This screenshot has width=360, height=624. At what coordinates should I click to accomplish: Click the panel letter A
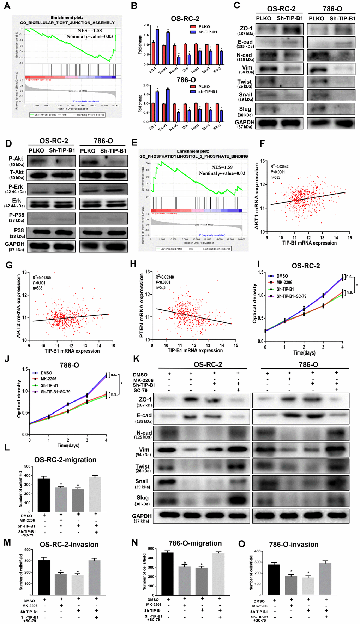pyautogui.click(x=7, y=6)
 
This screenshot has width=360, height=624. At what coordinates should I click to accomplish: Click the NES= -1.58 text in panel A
pyautogui.click(x=89, y=31)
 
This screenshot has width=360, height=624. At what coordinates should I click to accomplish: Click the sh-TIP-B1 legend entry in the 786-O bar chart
pyautogui.click(x=208, y=91)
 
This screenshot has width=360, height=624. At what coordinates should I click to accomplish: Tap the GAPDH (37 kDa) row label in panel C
pyautogui.click(x=245, y=124)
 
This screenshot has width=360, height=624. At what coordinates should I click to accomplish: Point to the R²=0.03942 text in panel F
pyautogui.click(x=279, y=167)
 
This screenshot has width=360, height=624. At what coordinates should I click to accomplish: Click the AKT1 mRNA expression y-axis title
pyautogui.click(x=257, y=196)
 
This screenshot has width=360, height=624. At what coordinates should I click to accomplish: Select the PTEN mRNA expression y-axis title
pyautogui.click(x=142, y=306)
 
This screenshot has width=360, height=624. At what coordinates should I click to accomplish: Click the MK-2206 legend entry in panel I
pyautogui.click(x=284, y=283)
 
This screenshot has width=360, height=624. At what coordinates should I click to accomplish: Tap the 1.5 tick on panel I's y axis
pyautogui.click(x=261, y=272)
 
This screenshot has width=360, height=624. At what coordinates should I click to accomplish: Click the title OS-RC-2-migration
pyautogui.click(x=65, y=460)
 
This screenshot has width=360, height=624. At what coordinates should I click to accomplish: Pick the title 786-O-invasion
pyautogui.click(x=294, y=544)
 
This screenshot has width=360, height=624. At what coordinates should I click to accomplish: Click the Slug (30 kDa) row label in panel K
pyautogui.click(x=143, y=500)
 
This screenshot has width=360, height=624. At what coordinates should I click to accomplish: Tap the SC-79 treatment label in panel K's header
pyautogui.click(x=140, y=390)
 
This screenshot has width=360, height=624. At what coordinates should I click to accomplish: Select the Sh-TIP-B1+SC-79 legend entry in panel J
pyautogui.click(x=55, y=392)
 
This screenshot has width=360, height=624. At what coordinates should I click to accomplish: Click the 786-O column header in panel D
pyautogui.click(x=103, y=141)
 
